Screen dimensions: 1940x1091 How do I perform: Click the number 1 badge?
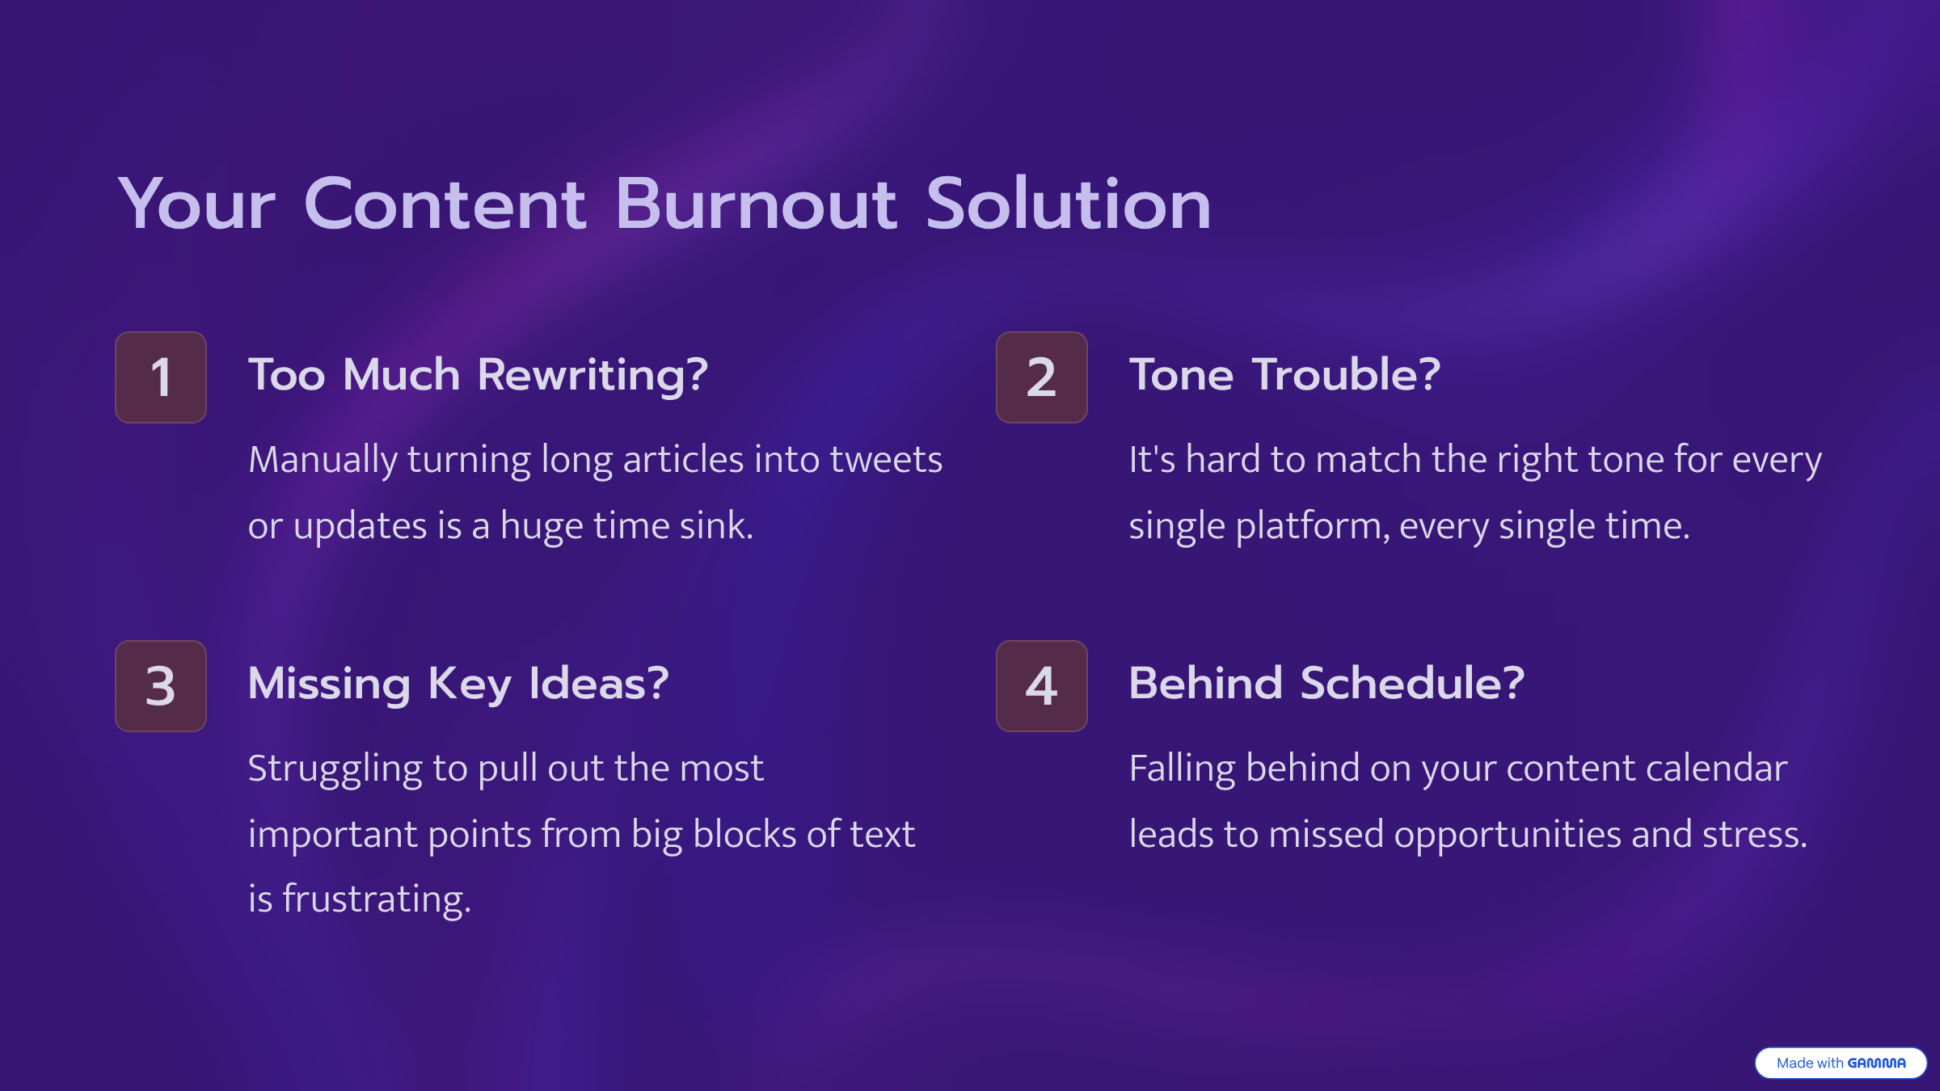[x=161, y=377]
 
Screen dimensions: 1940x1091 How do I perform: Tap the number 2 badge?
[x=1042, y=377]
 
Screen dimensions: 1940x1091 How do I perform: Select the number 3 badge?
[x=161, y=686]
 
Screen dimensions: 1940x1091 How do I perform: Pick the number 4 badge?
[x=1042, y=686]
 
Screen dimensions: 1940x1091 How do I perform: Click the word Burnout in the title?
[x=756, y=204]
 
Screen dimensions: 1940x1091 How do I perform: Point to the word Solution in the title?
[x=1069, y=204]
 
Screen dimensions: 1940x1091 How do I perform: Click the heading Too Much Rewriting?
[x=479, y=376]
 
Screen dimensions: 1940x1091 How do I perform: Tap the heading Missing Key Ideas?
[x=458, y=685]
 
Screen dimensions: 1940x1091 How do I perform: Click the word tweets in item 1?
[x=886, y=459]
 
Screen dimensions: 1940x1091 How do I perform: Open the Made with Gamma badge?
[x=1841, y=1063]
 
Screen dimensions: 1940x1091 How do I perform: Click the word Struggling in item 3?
[x=335, y=769]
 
